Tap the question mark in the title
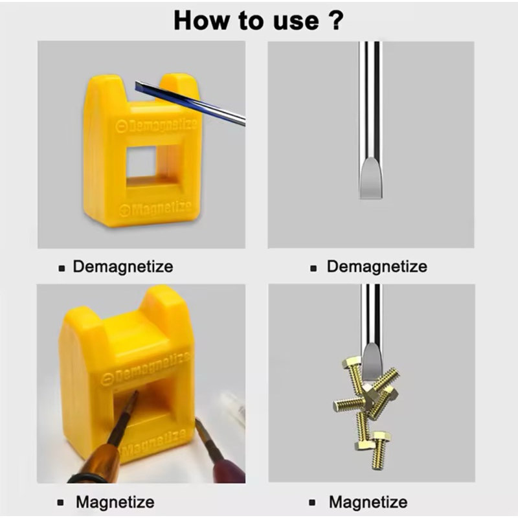click(336, 20)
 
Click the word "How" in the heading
click(202, 21)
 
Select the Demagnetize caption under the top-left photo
click(123, 266)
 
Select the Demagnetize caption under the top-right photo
click(377, 266)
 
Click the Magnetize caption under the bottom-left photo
click(115, 502)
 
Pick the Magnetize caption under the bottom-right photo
click(368, 502)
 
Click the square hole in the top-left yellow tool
click(141, 162)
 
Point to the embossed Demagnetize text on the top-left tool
click(156, 125)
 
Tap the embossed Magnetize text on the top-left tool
click(155, 208)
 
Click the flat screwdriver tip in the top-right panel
click(371, 179)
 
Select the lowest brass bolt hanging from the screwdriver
click(380, 450)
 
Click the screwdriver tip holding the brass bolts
click(373, 362)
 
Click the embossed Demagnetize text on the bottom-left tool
click(145, 368)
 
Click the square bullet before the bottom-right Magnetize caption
click(312, 503)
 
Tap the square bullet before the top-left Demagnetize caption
click(62, 268)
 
